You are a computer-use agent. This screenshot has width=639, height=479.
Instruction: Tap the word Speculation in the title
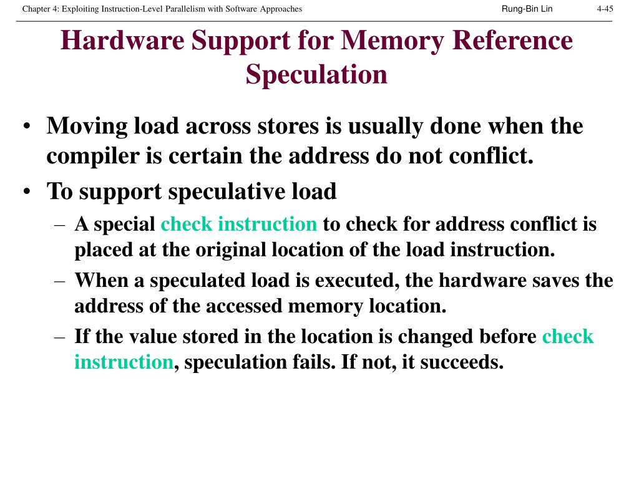coord(316,74)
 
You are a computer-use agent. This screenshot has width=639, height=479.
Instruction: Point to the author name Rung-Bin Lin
coord(527,9)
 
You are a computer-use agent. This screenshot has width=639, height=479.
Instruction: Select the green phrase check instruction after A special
coord(239,224)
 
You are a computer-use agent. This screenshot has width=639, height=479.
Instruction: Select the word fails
coord(315,362)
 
